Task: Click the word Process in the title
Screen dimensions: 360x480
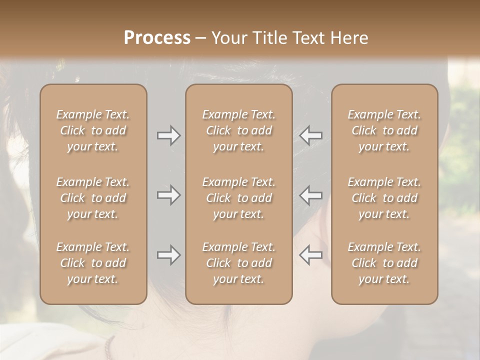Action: (x=157, y=38)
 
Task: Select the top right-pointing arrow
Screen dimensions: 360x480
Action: (x=169, y=135)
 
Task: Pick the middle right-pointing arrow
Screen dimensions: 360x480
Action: (x=169, y=194)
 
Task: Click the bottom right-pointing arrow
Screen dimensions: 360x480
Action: (x=169, y=255)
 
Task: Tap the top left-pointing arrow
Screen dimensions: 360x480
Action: (x=310, y=135)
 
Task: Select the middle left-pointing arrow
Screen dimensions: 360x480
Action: (x=310, y=194)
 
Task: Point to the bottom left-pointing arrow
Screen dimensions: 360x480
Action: (x=310, y=255)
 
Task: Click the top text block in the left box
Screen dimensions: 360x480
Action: (x=93, y=130)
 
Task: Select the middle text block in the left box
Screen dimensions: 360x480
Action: (x=93, y=198)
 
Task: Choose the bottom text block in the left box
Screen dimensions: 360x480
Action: (x=93, y=263)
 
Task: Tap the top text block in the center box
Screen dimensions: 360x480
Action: (x=238, y=130)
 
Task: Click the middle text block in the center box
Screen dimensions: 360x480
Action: (x=238, y=198)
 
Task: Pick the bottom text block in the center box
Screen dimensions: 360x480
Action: (x=238, y=263)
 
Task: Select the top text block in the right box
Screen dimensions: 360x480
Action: (x=384, y=130)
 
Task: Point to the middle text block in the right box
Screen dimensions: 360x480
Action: (x=384, y=198)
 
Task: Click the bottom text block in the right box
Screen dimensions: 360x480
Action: (x=384, y=263)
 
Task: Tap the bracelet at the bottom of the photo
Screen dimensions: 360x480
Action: (x=109, y=347)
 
